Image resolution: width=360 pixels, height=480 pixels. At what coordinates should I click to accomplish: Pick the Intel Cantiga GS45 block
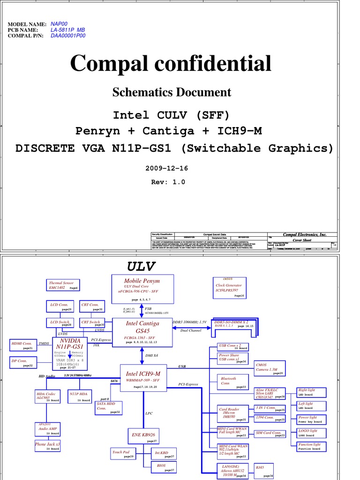pyautogui.click(x=142, y=332)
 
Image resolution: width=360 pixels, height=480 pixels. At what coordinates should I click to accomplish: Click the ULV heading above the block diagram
pyautogui.click(x=141, y=267)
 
